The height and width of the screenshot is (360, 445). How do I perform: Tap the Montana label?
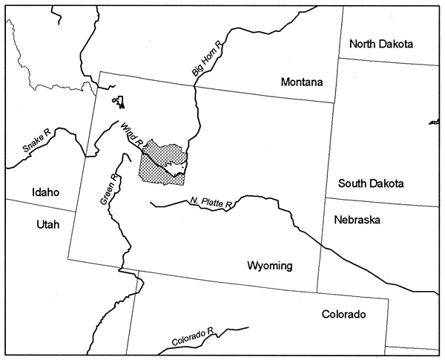303,83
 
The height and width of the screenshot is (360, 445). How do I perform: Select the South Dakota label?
371,183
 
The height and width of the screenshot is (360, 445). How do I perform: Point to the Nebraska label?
357,220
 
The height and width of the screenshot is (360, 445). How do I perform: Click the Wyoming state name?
271,266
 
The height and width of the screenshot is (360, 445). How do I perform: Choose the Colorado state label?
343,314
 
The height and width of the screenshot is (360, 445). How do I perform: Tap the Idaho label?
45,192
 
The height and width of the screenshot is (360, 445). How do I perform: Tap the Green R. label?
108,190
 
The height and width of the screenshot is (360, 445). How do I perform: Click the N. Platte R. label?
211,202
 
